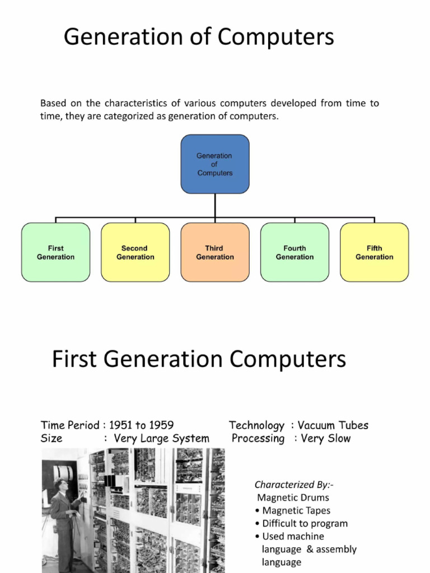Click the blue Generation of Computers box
coord(214,164)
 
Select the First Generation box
coord(55,252)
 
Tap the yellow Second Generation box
coord(135,252)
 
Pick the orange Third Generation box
coord(214,252)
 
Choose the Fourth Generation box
coord(295,252)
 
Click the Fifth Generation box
coord(374,252)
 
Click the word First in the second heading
coord(74,359)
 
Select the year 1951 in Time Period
coord(121,425)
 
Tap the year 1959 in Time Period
coord(161,425)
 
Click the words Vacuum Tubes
coord(333,425)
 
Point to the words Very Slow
coord(325,438)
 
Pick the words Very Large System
coord(161,438)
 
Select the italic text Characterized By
coord(294,485)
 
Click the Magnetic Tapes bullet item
coord(296,510)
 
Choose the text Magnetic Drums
coord(293,497)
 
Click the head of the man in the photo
coord(60,485)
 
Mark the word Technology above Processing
coord(256,425)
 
